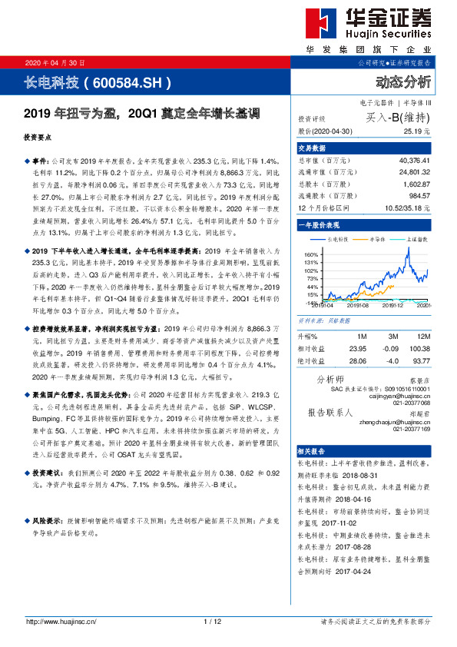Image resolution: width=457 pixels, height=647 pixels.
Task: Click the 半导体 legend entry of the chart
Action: (x=376, y=241)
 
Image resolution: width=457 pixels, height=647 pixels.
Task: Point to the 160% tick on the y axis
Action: (x=311, y=254)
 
